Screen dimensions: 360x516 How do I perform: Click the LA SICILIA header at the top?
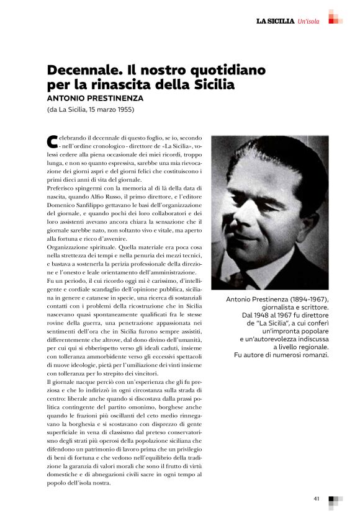(x=276, y=22)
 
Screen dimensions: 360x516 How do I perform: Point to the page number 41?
(x=317, y=498)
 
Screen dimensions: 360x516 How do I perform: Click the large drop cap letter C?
(x=52, y=141)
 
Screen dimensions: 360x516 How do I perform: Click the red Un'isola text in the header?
(x=308, y=22)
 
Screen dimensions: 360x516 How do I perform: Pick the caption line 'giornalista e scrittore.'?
(x=294, y=308)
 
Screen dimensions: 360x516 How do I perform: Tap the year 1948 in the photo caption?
(x=264, y=316)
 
